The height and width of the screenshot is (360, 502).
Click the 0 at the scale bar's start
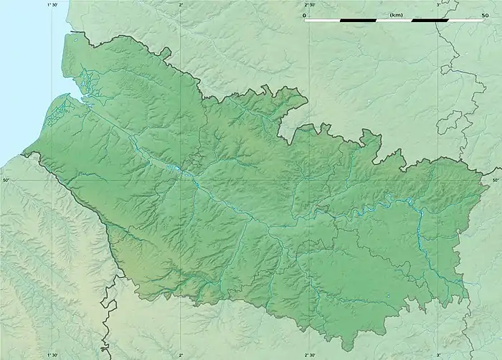click(x=304, y=14)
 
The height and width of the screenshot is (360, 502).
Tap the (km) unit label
click(x=395, y=14)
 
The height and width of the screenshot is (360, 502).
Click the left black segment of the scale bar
click(x=359, y=20)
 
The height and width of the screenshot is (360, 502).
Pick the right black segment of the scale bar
click(x=431, y=20)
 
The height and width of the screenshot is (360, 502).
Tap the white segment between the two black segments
click(x=394, y=20)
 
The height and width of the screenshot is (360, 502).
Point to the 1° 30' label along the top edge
click(x=52, y=4)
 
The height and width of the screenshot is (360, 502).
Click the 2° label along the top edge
click(x=181, y=4)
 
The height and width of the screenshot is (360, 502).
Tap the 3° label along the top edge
click(x=438, y=4)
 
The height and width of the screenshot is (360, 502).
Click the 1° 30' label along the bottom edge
click(x=52, y=355)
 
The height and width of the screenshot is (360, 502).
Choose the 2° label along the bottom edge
click(x=181, y=355)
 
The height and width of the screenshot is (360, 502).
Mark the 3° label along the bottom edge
click(x=438, y=355)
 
